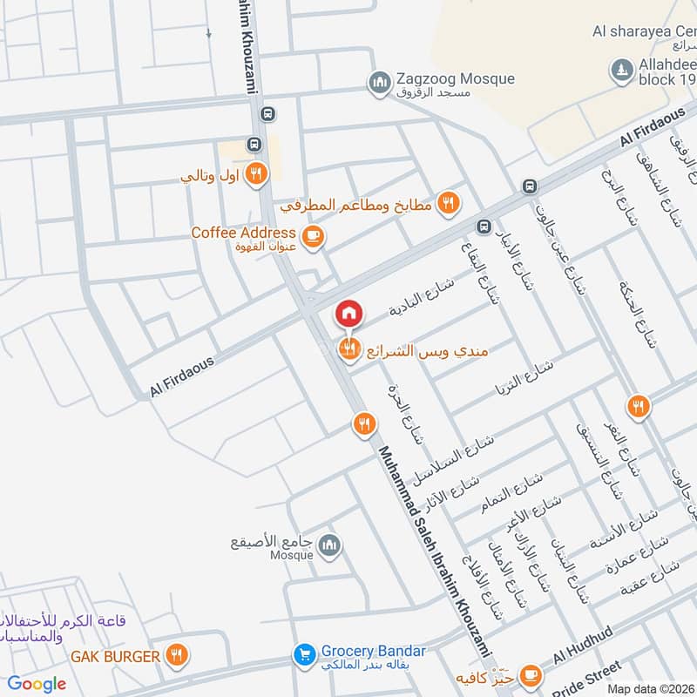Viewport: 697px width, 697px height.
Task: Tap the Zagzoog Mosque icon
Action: click(x=379, y=83)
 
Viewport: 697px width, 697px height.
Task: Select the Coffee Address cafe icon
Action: click(x=311, y=234)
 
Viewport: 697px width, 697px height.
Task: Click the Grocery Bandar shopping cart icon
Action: click(x=303, y=653)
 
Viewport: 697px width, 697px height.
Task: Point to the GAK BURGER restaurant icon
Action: click(x=176, y=655)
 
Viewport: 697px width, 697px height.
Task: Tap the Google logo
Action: click(x=37, y=684)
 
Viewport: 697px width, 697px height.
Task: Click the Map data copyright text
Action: click(x=650, y=688)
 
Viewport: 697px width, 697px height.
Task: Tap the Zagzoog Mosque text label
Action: click(x=456, y=79)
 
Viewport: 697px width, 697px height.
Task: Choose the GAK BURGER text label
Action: click(x=116, y=656)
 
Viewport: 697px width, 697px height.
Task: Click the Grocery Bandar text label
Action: click(x=373, y=651)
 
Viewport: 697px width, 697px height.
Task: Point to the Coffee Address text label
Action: click(x=244, y=233)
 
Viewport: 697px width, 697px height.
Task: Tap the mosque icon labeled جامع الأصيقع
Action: click(x=328, y=546)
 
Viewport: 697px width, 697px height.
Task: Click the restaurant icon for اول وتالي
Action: click(x=255, y=173)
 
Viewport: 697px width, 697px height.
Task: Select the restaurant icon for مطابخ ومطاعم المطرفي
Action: click(x=449, y=204)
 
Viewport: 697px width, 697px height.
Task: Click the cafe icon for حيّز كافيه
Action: click(x=530, y=675)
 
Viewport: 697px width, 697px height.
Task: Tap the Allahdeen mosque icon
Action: click(x=621, y=70)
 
